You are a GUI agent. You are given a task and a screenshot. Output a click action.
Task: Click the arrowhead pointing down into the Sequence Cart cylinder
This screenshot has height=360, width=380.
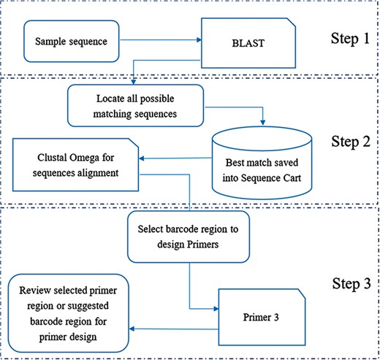(x=262, y=120)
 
